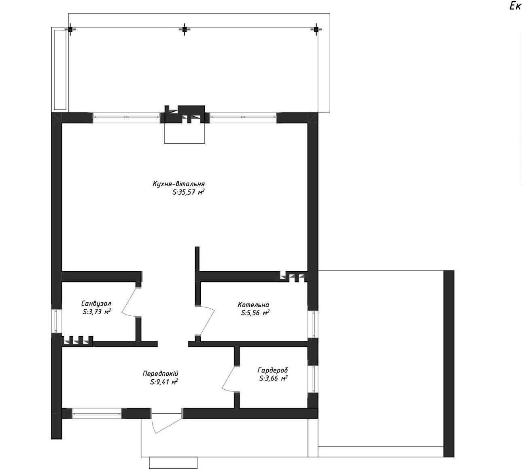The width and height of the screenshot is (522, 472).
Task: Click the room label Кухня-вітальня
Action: click(178, 183)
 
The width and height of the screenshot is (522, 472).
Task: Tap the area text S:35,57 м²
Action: click(188, 192)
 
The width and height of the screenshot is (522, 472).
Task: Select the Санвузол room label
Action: click(96, 303)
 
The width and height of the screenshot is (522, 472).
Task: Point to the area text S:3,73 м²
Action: click(97, 312)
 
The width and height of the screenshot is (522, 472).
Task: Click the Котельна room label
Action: click(253, 304)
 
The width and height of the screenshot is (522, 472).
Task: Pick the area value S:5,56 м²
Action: click(255, 313)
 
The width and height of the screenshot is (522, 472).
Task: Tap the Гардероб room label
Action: click(273, 370)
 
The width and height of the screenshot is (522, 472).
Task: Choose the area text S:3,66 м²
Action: click(273, 378)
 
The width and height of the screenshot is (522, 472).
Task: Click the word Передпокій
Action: click(160, 374)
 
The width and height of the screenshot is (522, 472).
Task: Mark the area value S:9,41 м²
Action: click(164, 382)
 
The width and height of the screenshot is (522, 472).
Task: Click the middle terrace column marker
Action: click(185, 30)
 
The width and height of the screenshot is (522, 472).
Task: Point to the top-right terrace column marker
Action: click(316, 30)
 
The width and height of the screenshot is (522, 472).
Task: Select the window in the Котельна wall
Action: click(313, 324)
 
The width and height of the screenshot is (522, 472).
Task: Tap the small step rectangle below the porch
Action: click(173, 462)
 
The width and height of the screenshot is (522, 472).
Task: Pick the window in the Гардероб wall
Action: click(313, 379)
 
